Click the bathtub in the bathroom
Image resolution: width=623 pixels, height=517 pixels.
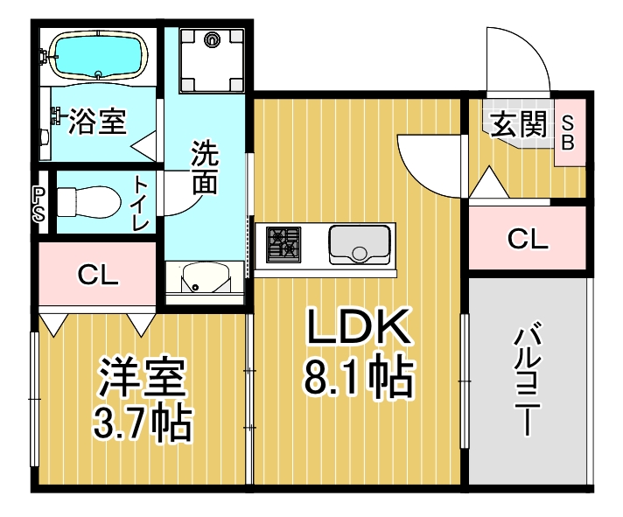(x=98, y=55)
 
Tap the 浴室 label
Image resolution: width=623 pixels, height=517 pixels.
(x=98, y=121)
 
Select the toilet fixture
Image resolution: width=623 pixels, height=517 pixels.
(x=89, y=202)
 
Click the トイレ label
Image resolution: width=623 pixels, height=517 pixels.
(x=141, y=204)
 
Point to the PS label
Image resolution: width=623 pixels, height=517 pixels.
(x=39, y=204)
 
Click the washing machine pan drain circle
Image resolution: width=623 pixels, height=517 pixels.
(x=212, y=39)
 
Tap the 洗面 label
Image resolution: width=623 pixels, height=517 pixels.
(x=205, y=167)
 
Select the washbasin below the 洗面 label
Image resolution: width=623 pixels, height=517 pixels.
(x=204, y=279)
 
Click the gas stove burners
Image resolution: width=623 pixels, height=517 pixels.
(x=283, y=244)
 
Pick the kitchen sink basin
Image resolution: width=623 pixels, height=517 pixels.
(x=360, y=244)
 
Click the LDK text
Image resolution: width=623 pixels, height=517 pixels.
(x=359, y=326)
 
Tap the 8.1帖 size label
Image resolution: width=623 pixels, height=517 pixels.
(x=359, y=376)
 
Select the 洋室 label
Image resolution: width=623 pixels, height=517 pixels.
(x=143, y=377)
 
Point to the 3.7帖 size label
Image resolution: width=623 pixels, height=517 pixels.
(x=143, y=423)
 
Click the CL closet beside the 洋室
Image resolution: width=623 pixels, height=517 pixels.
(x=97, y=274)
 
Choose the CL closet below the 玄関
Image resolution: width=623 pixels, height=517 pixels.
(x=528, y=238)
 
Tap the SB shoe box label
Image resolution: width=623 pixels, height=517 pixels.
(x=568, y=133)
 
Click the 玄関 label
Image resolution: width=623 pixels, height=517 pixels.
(x=520, y=124)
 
